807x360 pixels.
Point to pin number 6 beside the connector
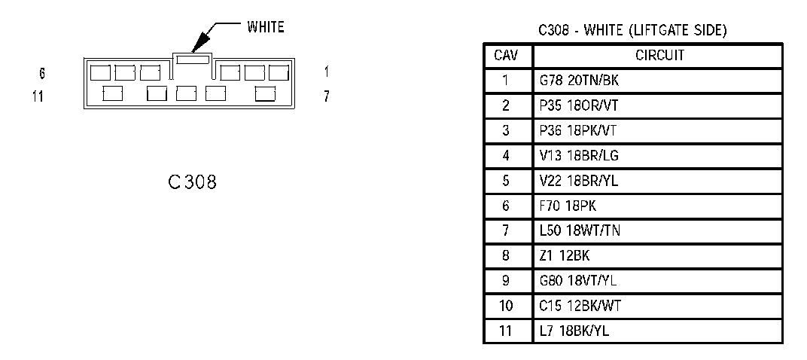[x=42, y=74]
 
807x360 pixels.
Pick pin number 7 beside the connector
[x=326, y=96]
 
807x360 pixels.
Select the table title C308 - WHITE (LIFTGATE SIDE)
[x=632, y=31]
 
